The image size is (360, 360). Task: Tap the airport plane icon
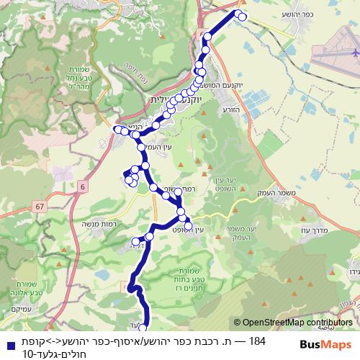(x=354, y=53)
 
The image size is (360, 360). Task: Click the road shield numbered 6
(x=84, y=187)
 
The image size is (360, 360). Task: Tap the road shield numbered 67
(x=38, y=207)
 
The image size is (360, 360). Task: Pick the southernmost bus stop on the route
(x=141, y=328)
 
